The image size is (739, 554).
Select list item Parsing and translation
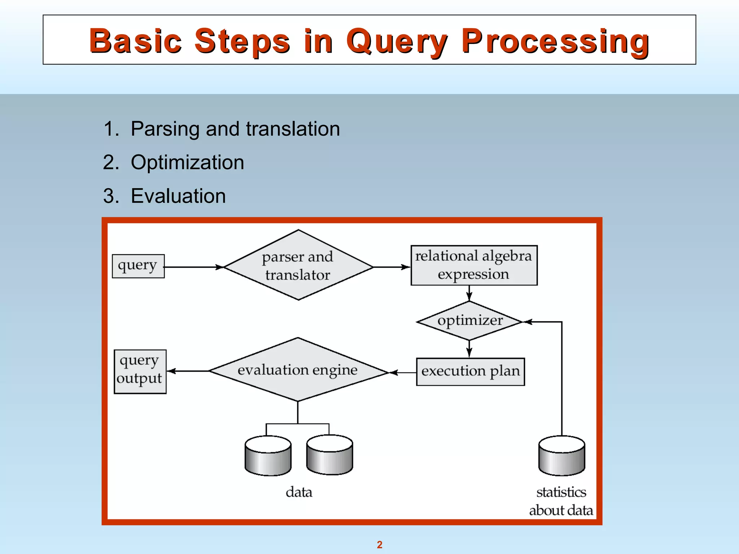(x=235, y=129)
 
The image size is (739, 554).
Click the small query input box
(x=138, y=266)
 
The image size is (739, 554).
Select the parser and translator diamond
(x=298, y=265)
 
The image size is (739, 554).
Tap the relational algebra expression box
(x=474, y=265)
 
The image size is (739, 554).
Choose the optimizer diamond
(x=469, y=321)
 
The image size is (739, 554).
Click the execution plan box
(x=470, y=371)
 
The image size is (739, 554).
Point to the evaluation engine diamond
(x=298, y=370)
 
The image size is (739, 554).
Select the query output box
(x=140, y=371)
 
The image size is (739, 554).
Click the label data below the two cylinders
(x=299, y=492)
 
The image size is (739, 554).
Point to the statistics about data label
(x=561, y=501)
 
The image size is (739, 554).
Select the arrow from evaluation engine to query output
(x=188, y=371)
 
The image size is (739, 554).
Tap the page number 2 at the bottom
(x=380, y=545)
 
